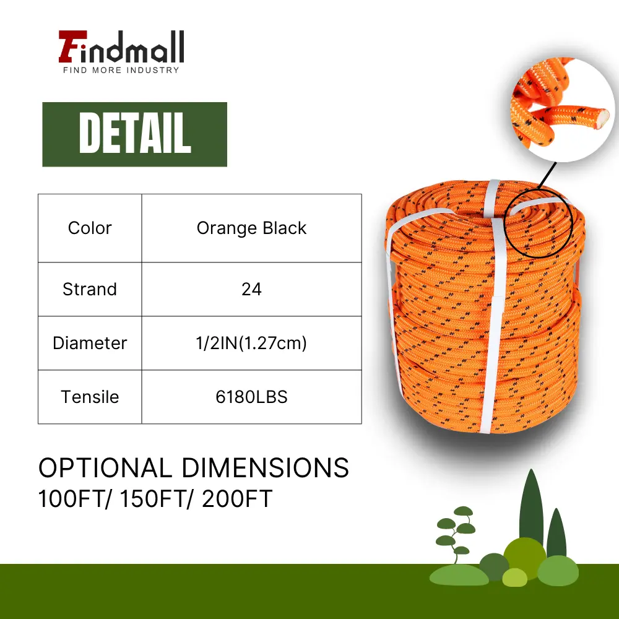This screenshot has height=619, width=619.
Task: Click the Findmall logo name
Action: pyautogui.click(x=121, y=46)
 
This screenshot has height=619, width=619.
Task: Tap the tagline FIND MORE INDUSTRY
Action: pyautogui.click(x=121, y=71)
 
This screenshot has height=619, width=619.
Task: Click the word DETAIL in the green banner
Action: pyautogui.click(x=135, y=133)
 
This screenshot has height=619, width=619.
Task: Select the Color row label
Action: pyautogui.click(x=90, y=228)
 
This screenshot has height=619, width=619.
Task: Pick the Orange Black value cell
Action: pyautogui.click(x=251, y=228)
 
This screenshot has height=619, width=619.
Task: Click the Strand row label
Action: pyautogui.click(x=90, y=289)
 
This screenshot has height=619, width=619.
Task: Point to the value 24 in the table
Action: pyautogui.click(x=251, y=289)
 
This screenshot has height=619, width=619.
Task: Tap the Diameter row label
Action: pyautogui.click(x=90, y=343)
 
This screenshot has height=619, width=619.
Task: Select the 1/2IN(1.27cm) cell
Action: pyautogui.click(x=251, y=343)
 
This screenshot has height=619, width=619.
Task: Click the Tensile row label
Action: pyautogui.click(x=90, y=397)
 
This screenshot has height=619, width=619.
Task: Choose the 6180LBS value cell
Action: pyautogui.click(x=251, y=397)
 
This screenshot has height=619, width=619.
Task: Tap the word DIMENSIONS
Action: pyautogui.click(x=266, y=468)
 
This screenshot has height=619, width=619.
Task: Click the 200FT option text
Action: pyautogui.click(x=237, y=498)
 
